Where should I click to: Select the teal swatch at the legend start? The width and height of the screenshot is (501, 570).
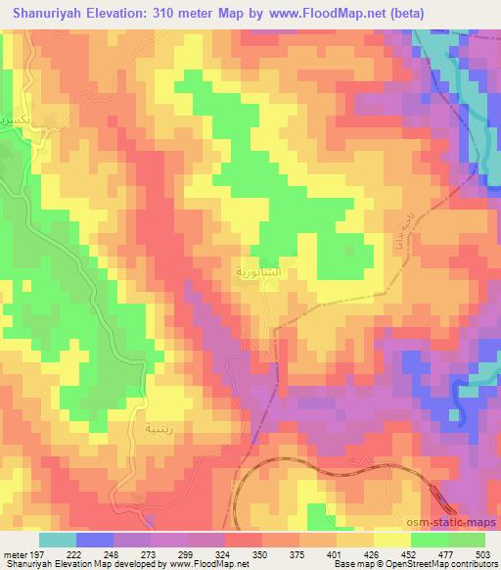point(57,541)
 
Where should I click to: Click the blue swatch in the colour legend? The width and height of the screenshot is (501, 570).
point(94,541)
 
